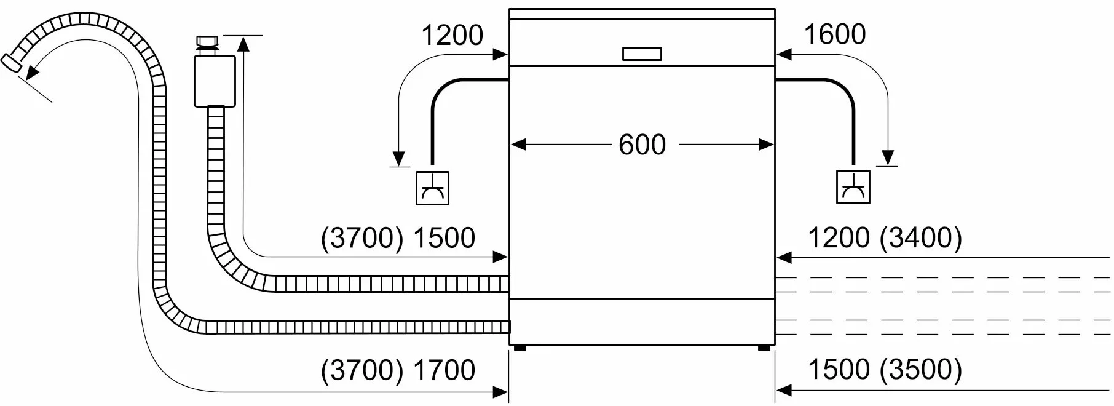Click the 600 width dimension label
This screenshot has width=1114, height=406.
642,145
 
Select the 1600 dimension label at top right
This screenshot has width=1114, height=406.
834,34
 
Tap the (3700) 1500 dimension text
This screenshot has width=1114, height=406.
398,239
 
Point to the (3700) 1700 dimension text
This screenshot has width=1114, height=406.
398,370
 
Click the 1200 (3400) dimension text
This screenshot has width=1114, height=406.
885,237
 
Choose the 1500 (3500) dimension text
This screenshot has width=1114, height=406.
885,369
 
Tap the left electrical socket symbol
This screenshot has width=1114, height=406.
432,188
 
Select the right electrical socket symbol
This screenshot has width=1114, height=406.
853,188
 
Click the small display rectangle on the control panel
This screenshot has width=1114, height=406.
642,54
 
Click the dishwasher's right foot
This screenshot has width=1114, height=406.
764,348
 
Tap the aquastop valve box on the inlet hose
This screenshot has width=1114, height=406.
215,81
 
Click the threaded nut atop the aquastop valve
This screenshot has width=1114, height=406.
207,43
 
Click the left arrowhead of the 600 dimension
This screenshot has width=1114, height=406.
518,145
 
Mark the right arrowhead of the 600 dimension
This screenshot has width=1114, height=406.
766,145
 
